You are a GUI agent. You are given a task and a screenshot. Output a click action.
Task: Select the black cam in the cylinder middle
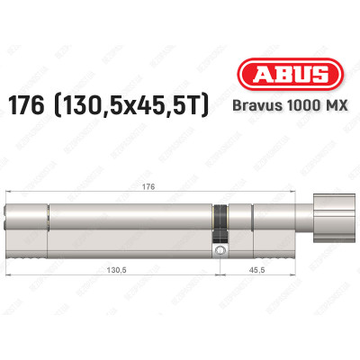coord(218,223)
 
